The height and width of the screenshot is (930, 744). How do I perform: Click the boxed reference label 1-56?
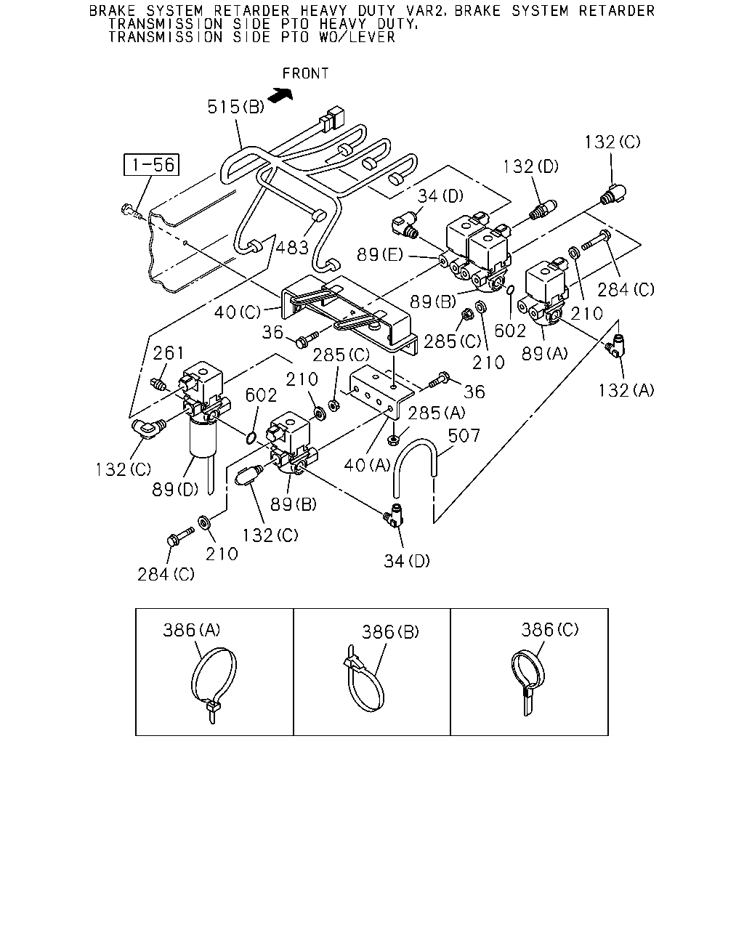[151, 165]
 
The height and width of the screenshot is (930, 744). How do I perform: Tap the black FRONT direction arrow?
[280, 95]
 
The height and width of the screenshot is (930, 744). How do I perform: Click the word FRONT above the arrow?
[306, 73]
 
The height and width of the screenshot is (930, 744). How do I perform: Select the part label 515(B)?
[235, 106]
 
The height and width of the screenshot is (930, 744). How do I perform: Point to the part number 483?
[292, 248]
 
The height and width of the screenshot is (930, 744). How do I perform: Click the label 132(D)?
[531, 166]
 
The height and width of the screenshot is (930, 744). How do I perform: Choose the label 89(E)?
[379, 255]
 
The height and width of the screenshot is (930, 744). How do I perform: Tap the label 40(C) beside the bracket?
[238, 312]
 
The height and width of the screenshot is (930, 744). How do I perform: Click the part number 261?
[169, 353]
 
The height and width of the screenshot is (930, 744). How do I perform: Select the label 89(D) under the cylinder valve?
[175, 489]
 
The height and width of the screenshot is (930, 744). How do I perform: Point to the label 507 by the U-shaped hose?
[464, 436]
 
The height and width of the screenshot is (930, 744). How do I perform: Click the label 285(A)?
[437, 413]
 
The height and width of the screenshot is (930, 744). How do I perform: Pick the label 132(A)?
[626, 390]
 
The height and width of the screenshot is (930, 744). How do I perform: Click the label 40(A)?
[367, 465]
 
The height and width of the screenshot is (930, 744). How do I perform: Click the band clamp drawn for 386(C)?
[528, 681]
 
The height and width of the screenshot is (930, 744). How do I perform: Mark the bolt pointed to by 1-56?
[131, 211]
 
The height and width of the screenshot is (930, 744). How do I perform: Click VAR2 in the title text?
[426, 10]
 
